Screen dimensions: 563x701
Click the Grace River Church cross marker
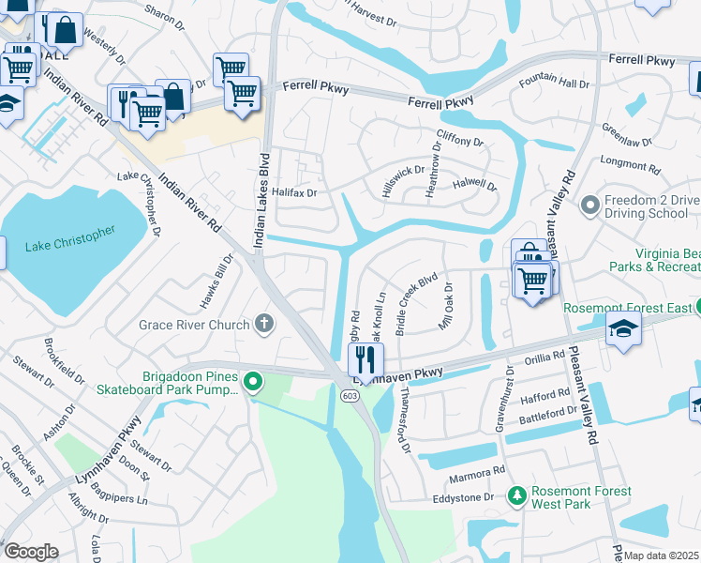264,325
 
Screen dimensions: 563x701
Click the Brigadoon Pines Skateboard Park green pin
252,382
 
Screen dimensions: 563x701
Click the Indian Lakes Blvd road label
262,201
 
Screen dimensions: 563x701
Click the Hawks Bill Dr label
215,282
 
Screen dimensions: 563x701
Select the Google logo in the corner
31,551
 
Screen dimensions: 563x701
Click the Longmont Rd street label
630,165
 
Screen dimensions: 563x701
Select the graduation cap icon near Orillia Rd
622,330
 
